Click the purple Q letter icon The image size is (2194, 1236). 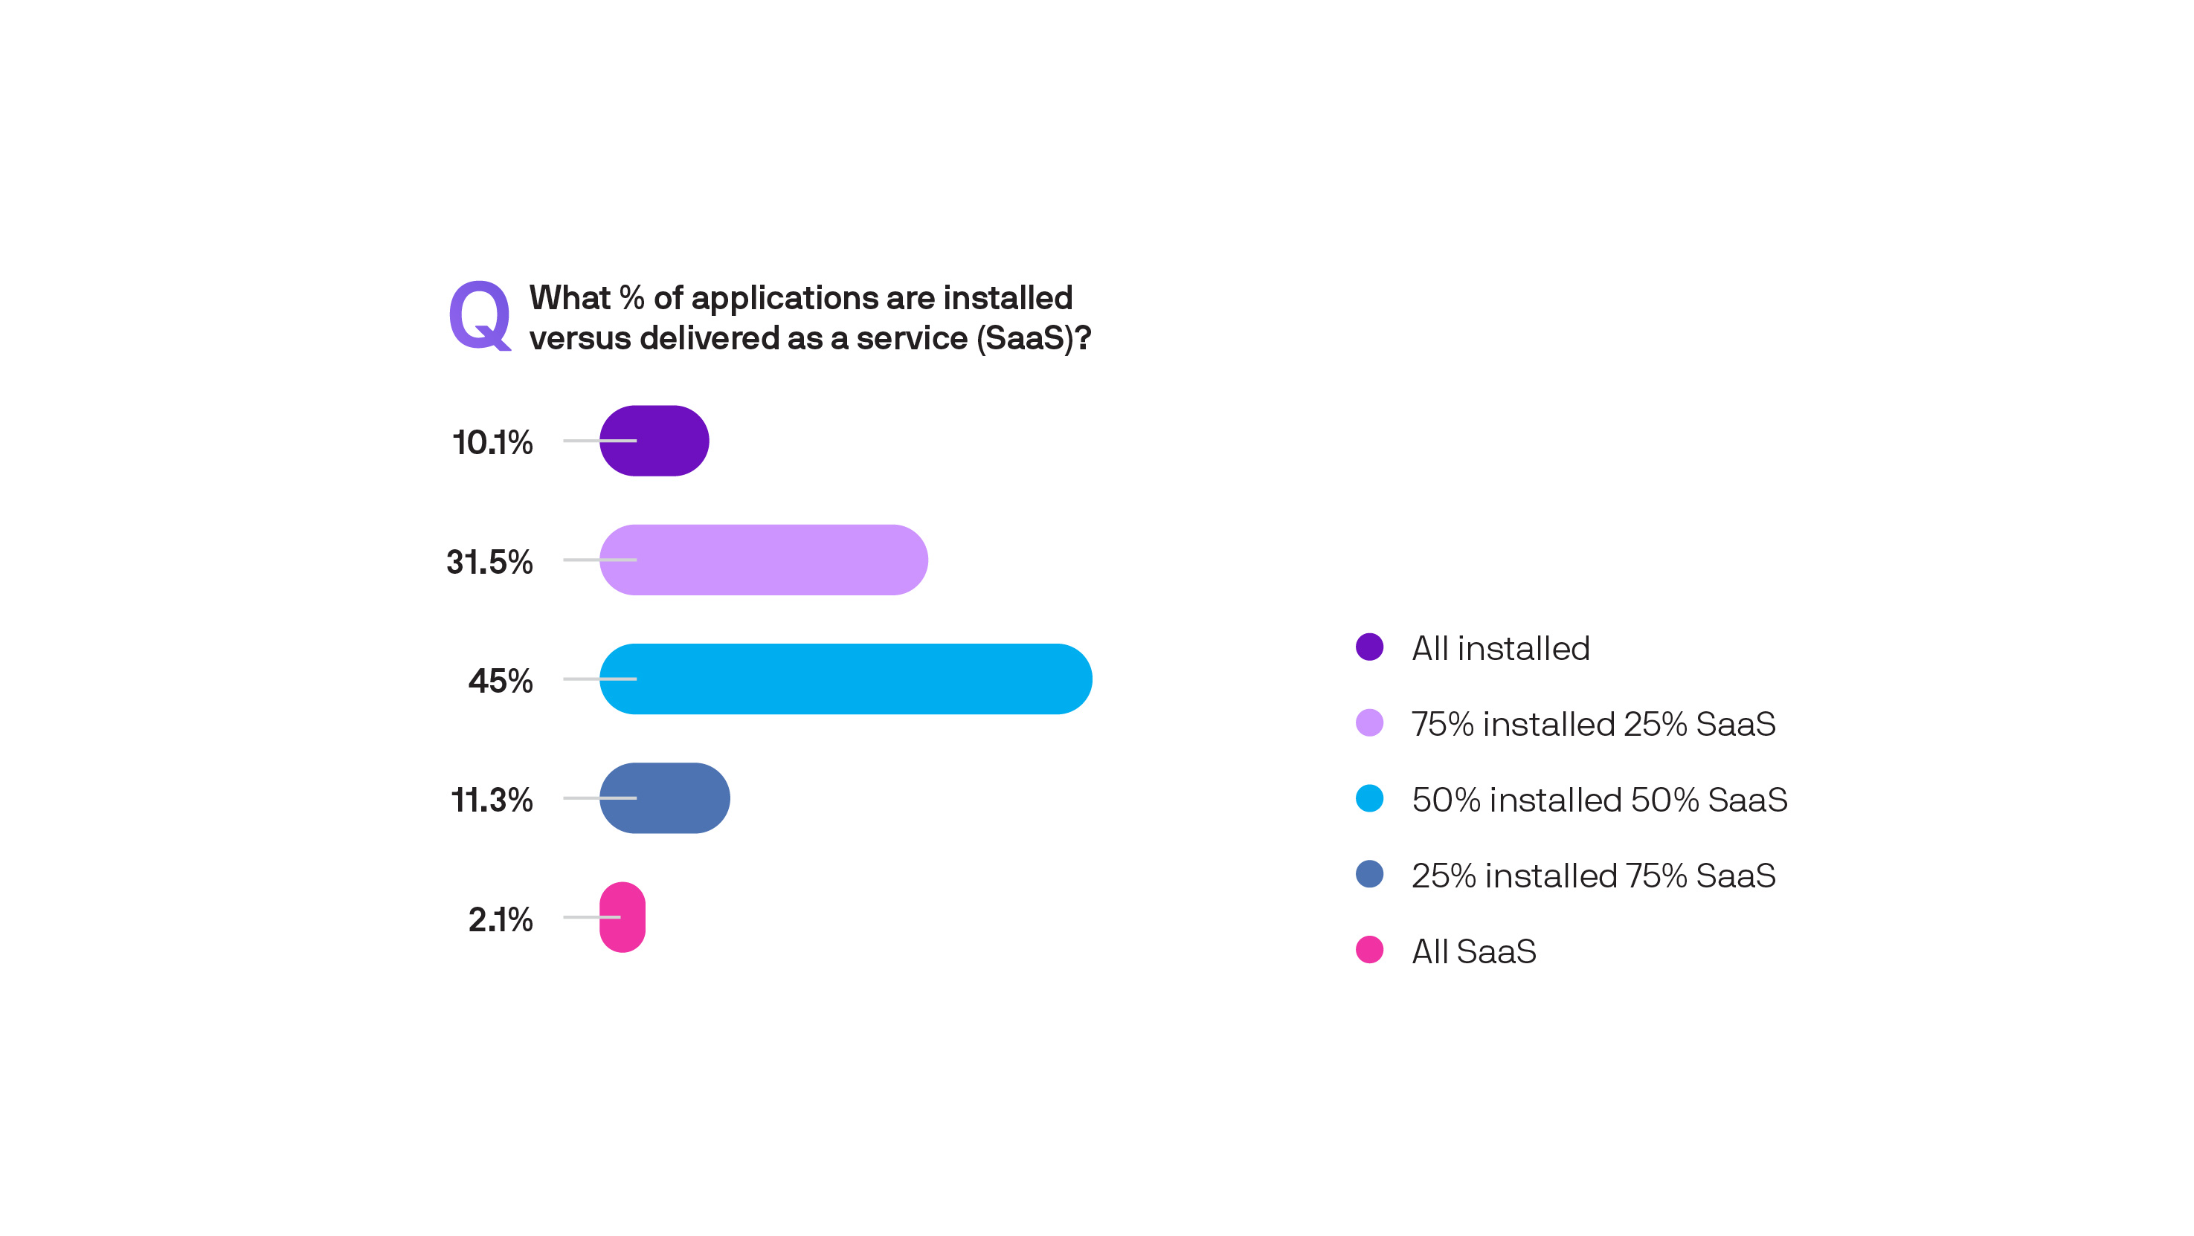[480, 316]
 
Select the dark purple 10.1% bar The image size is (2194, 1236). [654, 441]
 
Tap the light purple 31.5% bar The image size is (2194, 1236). [763, 560]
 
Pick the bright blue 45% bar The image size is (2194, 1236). [846, 679]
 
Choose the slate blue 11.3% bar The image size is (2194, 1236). [664, 798]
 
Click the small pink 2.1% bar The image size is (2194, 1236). [623, 918]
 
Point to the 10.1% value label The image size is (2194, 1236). [492, 443]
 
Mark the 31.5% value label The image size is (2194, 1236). [489, 562]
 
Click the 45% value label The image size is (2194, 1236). [501, 681]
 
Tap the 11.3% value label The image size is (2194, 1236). [492, 800]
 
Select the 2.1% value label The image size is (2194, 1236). [501, 919]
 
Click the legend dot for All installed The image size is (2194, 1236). [1369, 647]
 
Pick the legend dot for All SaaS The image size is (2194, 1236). [1369, 950]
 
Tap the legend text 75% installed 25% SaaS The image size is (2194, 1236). [1592, 725]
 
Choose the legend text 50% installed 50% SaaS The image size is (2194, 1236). [1599, 800]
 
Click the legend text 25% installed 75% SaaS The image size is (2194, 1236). [1592, 876]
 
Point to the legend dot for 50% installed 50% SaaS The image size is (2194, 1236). [1369, 798]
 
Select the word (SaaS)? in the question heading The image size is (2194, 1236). [1033, 339]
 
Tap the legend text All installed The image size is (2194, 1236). [1501, 649]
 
